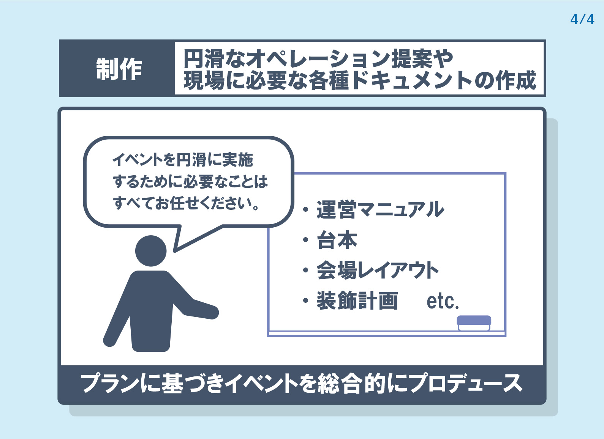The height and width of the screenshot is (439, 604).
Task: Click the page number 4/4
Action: coord(582,19)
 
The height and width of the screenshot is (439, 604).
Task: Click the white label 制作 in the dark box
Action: coord(119,69)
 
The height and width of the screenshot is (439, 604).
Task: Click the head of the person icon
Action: coord(151,251)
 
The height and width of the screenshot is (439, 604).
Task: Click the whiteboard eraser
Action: coord(474,323)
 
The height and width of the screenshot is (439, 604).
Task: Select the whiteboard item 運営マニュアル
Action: coord(380,209)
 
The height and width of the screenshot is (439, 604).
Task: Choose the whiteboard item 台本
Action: coord(337,240)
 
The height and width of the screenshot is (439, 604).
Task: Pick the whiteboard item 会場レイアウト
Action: coord(378,270)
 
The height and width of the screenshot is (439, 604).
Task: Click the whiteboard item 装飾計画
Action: coord(357,300)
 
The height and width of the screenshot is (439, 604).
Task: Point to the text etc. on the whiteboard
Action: coord(443,301)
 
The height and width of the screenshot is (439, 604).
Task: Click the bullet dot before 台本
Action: coord(305,240)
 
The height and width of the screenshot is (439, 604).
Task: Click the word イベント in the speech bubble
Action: coord(138,160)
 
